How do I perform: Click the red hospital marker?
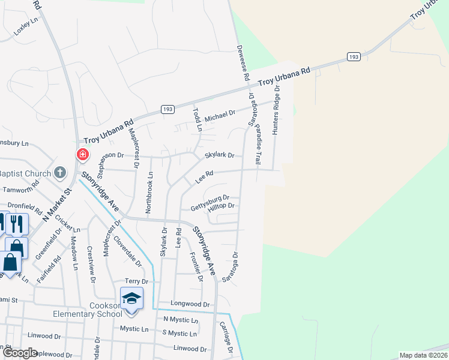point(82,155)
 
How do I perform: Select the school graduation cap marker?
point(131,298)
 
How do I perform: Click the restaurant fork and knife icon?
point(17,224)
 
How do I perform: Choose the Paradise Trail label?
point(258,145)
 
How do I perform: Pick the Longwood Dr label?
point(190,304)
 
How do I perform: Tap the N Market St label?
point(56,207)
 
